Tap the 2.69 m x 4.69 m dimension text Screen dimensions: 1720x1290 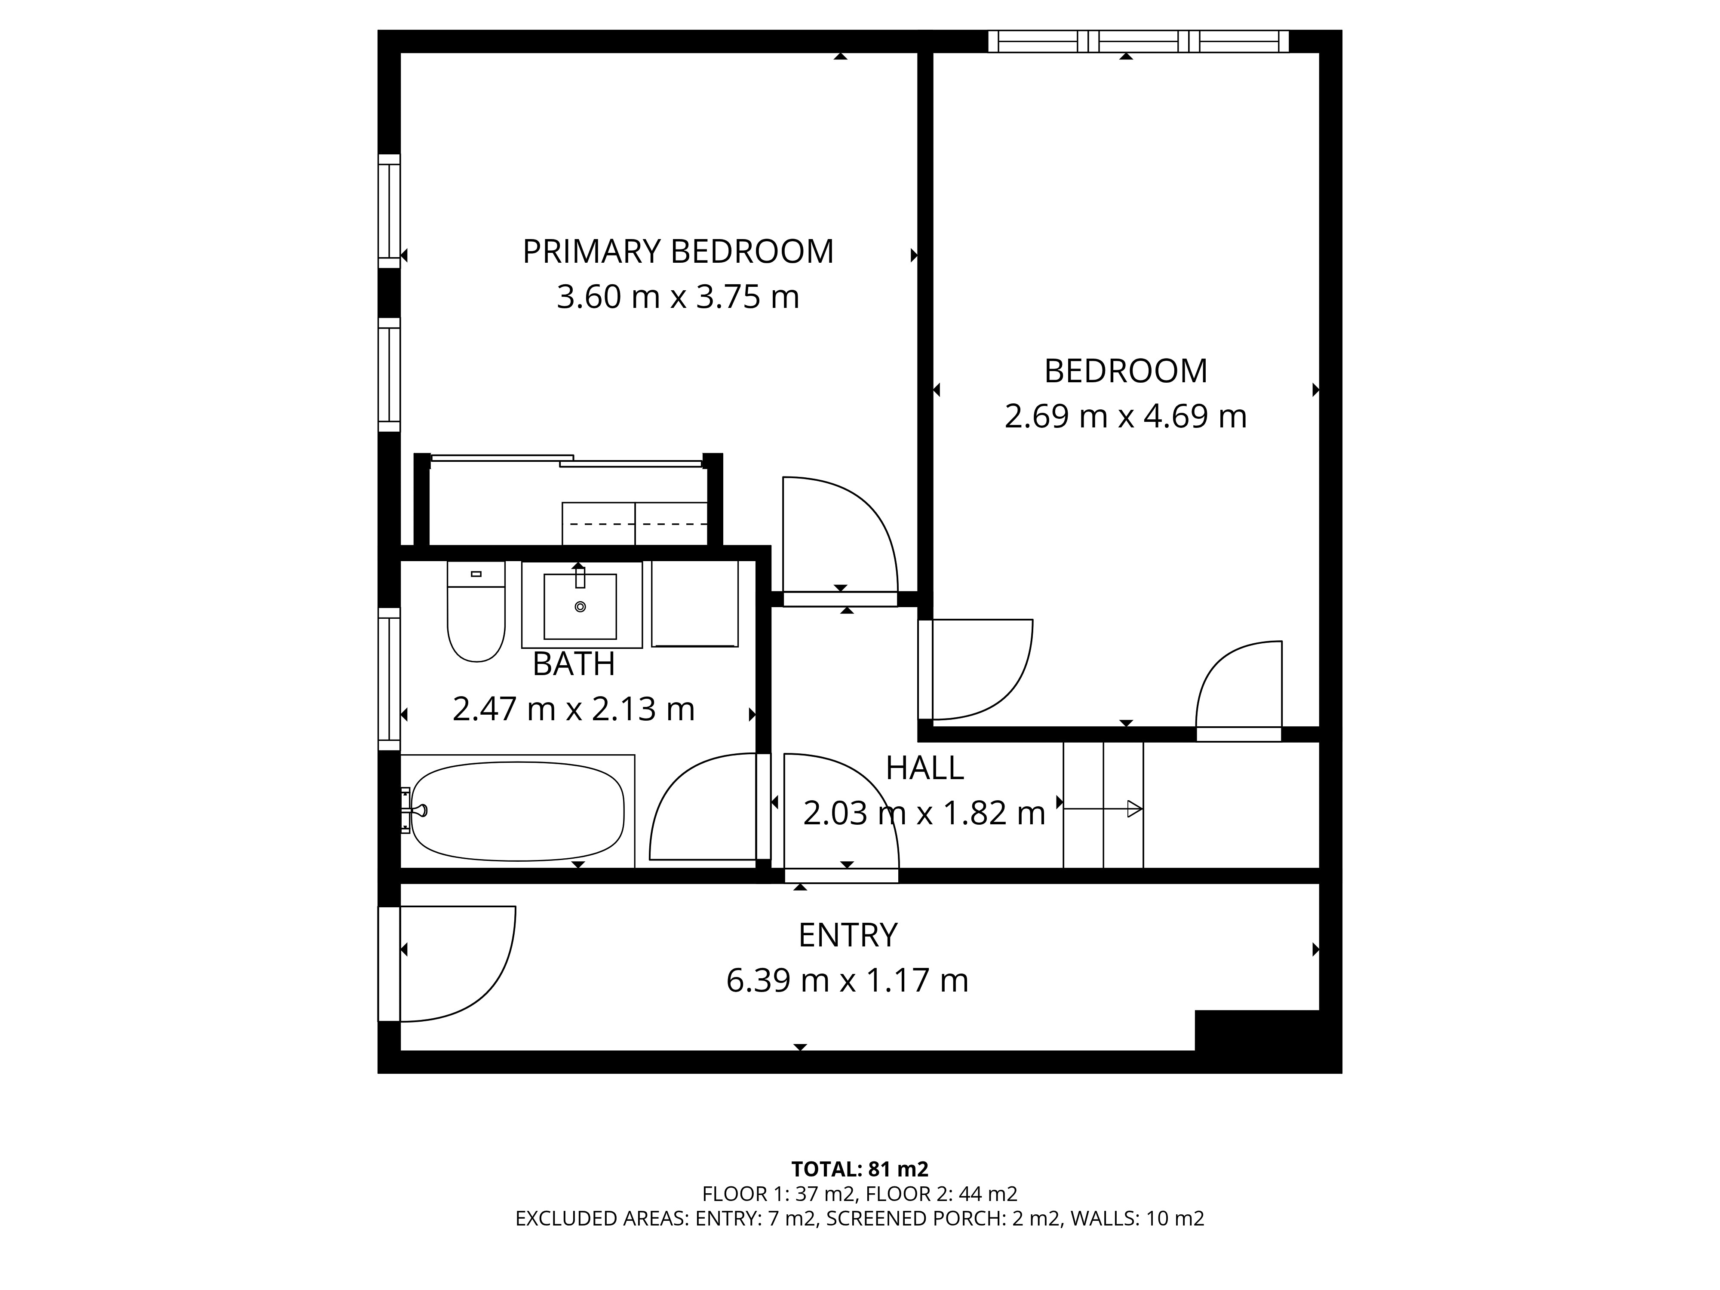tap(1125, 417)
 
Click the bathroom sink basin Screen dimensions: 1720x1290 tap(580, 606)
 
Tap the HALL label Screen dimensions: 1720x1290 tap(924, 768)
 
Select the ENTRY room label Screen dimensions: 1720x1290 tap(848, 935)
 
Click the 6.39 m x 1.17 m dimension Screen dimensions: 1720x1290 tap(848, 980)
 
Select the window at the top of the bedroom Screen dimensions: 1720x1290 tap(1138, 41)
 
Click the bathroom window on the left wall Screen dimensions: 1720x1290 tap(389, 679)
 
